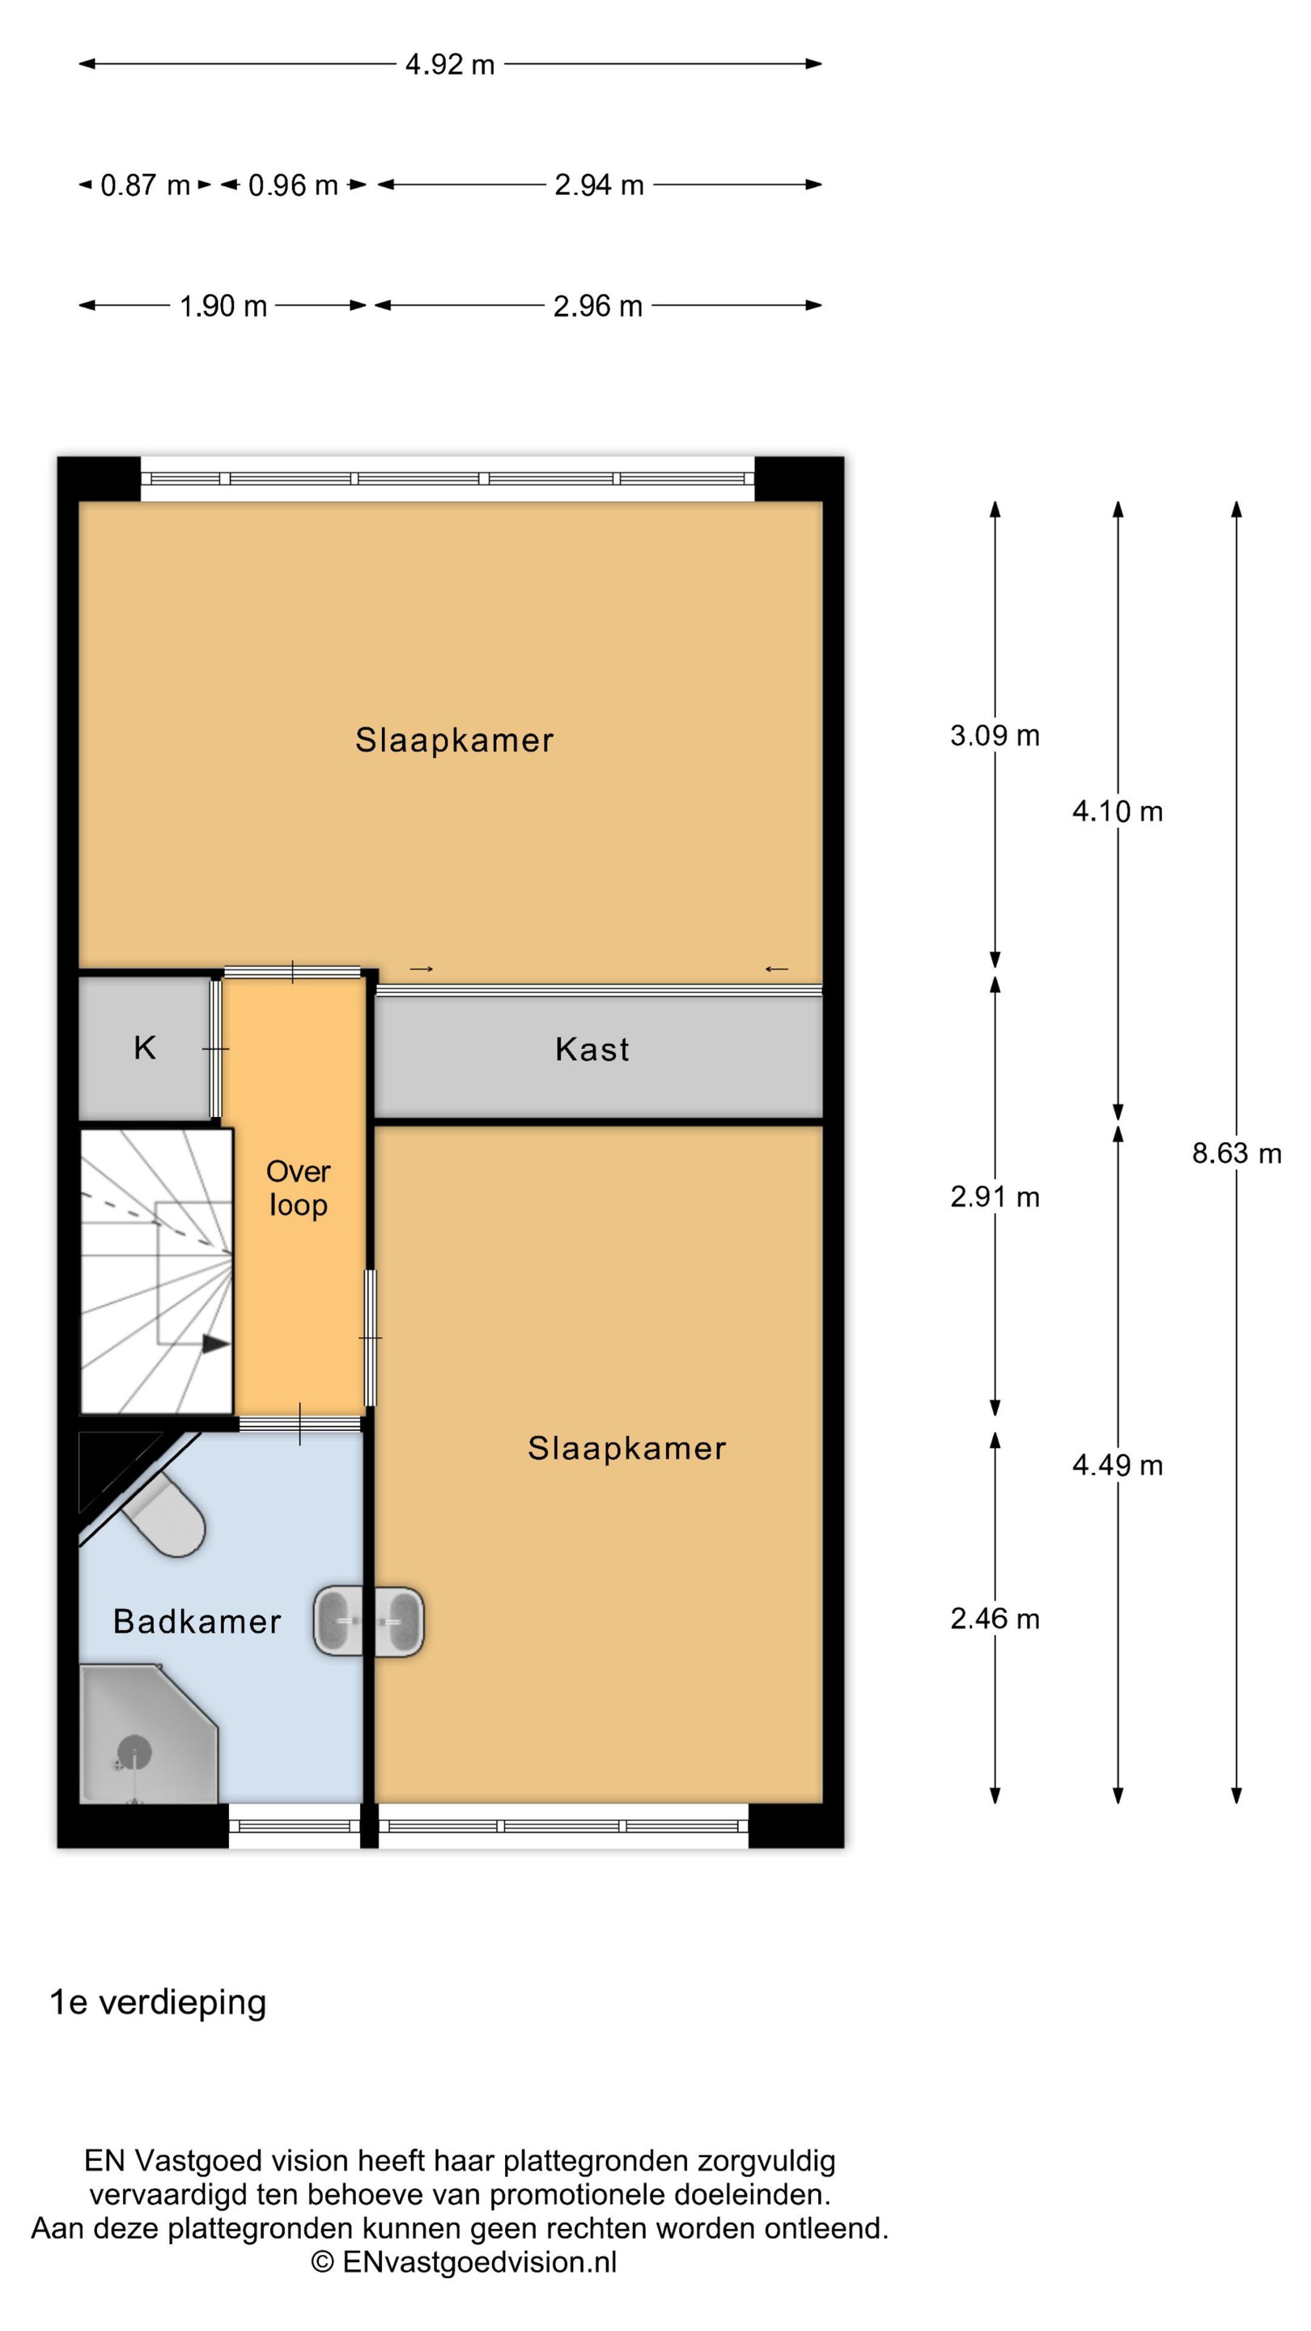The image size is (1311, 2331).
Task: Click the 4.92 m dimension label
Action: point(450,64)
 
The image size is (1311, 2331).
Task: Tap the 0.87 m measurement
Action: point(145,185)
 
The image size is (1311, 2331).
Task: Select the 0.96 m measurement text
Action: point(293,185)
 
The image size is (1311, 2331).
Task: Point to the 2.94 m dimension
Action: point(599,185)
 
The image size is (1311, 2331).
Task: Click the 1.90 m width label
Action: point(223,306)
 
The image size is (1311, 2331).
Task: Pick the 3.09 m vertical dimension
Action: point(995,735)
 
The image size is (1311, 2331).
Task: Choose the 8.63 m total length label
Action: point(1236,1153)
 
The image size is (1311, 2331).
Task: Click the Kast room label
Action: point(592,1050)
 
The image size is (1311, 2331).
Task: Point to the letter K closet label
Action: point(145,1048)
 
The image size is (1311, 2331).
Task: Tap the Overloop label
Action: point(298,1188)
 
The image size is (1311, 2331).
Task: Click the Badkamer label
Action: point(197,1621)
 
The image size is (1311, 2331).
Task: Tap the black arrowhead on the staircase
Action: point(215,1344)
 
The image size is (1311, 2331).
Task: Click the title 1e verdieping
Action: point(159,2002)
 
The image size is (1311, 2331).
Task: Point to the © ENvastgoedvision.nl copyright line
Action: point(465,2262)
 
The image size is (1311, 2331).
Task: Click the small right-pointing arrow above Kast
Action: point(422,969)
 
